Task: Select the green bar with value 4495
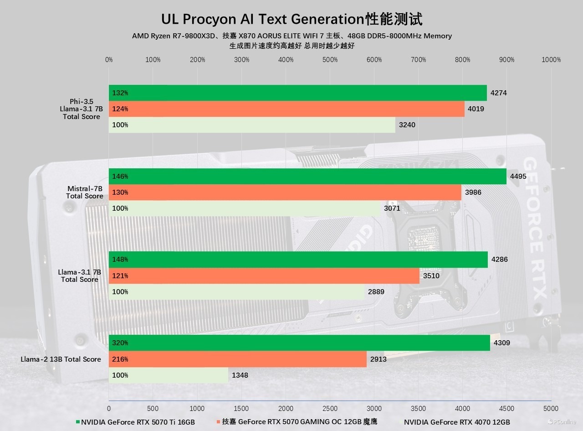pos(307,177)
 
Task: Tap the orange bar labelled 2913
pos(237,359)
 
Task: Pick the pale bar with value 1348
pos(168,375)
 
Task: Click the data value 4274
pos(498,93)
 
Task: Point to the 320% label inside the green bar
pos(120,343)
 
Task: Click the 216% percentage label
pos(120,359)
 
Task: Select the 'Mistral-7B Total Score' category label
pos(85,192)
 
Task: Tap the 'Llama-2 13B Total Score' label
pos(61,359)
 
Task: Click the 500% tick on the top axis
pos(330,60)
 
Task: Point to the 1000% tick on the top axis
pos(551,60)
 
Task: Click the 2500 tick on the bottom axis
pos(330,409)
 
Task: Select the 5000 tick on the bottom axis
pos(551,409)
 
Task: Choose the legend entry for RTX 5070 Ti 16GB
pos(137,422)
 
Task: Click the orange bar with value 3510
pos(264,276)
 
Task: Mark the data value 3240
pos(407,125)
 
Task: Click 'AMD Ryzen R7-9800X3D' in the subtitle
pos(174,36)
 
